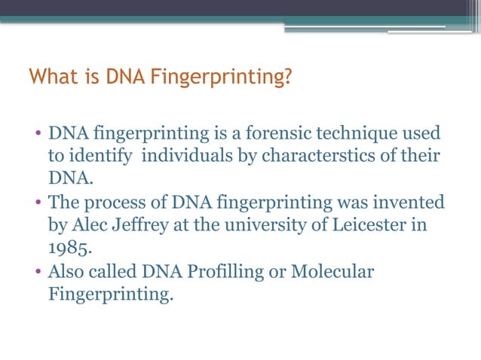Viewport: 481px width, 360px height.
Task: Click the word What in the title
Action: click(x=47, y=78)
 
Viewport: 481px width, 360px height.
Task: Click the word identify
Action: click(x=102, y=157)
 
